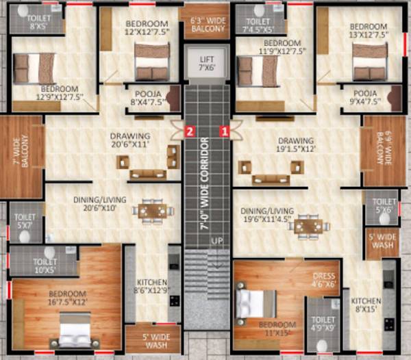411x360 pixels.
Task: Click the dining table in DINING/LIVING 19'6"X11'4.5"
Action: (x=308, y=225)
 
